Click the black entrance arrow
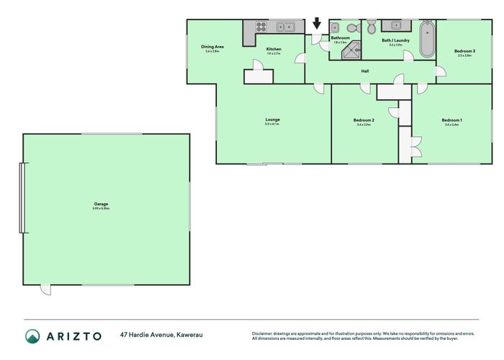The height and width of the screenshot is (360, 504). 317,24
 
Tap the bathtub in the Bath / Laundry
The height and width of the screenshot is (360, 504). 426,40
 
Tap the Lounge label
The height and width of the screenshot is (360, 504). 273,120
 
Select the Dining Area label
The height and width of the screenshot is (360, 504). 212,47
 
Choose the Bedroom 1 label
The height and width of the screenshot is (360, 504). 451,120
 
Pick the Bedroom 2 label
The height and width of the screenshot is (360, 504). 364,120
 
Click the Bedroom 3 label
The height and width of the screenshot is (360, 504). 464,51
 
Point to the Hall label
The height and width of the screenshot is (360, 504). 365,71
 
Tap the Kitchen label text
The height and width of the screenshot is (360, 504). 274,49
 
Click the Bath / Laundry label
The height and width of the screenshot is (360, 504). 395,40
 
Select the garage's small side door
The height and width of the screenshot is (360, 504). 46,289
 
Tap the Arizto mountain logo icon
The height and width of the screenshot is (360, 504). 32,336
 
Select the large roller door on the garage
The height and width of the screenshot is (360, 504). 23,197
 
